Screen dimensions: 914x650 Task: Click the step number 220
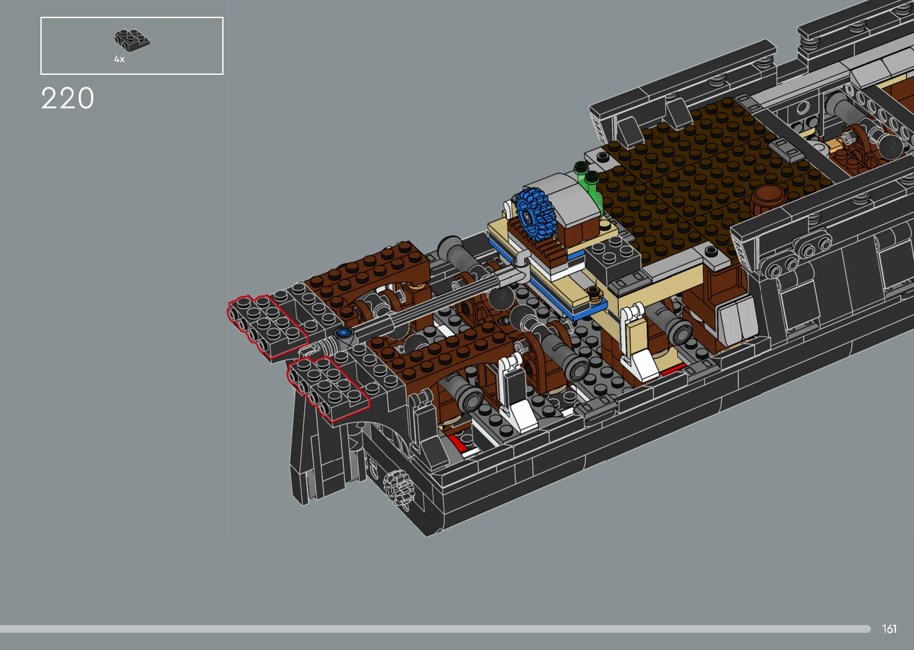pos(67,98)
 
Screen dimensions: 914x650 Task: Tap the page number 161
pos(889,629)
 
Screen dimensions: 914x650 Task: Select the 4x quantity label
pos(119,59)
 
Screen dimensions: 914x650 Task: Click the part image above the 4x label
pos(132,40)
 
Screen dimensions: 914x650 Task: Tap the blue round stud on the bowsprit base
pos(343,332)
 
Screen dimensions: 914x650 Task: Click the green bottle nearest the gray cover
pos(593,189)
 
